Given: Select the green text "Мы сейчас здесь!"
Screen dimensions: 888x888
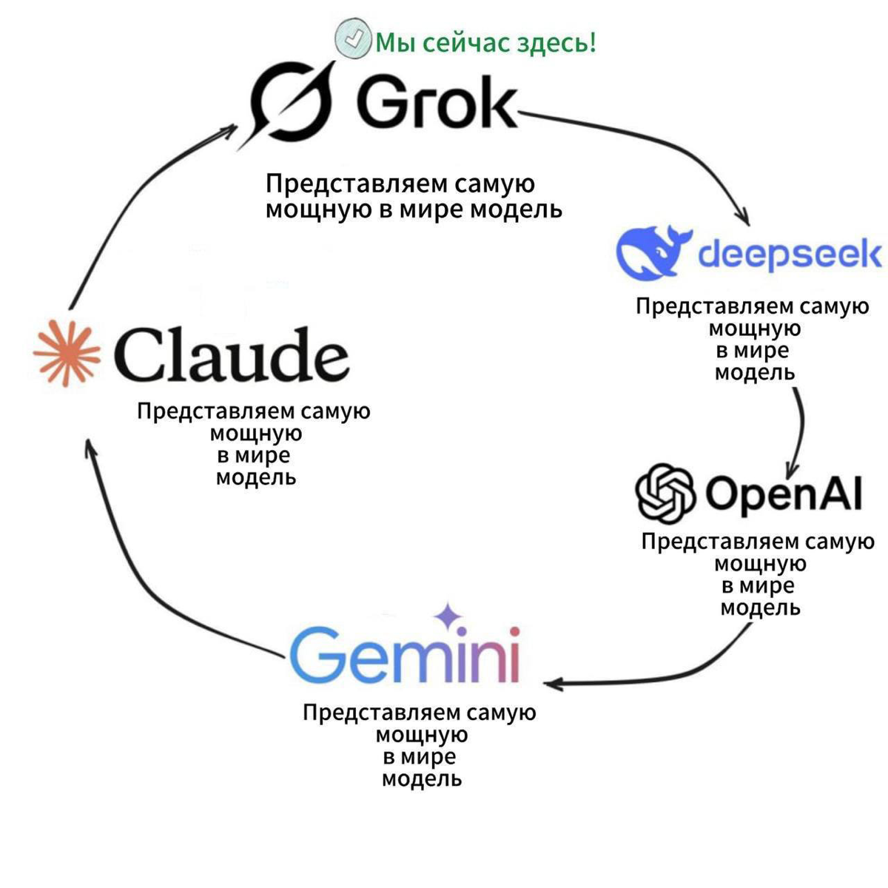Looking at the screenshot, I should pyautogui.click(x=485, y=43).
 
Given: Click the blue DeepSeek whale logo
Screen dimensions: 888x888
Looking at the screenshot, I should pyautogui.click(x=651, y=252).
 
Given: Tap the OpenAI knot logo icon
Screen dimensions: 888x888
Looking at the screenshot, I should pyautogui.click(x=665, y=492).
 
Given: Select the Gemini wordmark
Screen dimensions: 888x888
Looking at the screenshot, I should pyautogui.click(x=405, y=654).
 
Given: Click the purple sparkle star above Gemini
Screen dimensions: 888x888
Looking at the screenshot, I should pyautogui.click(x=447, y=616).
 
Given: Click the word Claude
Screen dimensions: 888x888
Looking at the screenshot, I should pyautogui.click(x=231, y=355).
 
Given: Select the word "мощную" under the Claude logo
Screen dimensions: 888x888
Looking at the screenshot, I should pyautogui.click(x=255, y=433).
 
